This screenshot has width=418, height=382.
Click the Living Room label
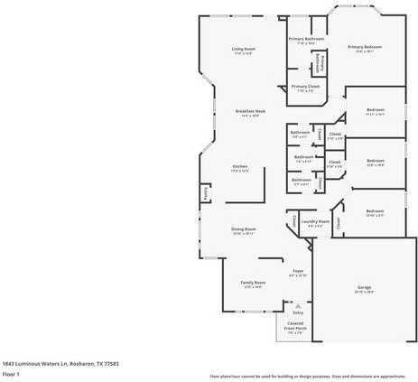243,49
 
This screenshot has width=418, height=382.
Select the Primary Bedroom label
365,47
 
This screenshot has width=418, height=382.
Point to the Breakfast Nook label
248,111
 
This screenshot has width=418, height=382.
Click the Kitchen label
240,166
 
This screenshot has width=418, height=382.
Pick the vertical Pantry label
205,192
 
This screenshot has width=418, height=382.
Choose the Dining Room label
244,228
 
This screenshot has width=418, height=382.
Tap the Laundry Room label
316,220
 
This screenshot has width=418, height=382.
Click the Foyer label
298,271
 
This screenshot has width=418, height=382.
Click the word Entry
298,312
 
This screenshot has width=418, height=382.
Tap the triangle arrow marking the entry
298,305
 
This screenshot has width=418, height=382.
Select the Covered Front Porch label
296,327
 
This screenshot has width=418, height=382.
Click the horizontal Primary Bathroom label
306,39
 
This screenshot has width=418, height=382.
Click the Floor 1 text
12,373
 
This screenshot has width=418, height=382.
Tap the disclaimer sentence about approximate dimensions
307,375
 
